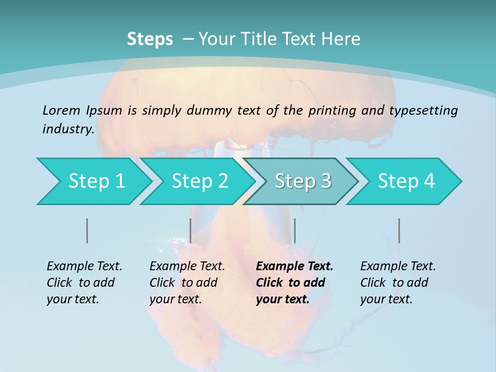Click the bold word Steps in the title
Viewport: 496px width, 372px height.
tap(150, 39)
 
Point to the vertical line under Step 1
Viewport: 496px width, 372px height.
tap(87, 230)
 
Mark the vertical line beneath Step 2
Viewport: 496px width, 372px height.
tap(191, 230)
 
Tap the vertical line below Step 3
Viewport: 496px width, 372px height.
tap(295, 230)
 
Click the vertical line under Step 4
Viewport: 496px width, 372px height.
tap(399, 230)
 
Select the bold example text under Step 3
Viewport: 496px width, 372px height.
tap(295, 283)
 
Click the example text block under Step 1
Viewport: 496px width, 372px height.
tap(84, 283)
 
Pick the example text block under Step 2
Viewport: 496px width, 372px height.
tap(187, 283)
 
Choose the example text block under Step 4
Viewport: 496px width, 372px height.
tap(398, 283)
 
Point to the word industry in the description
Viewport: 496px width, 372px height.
tap(68, 129)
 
